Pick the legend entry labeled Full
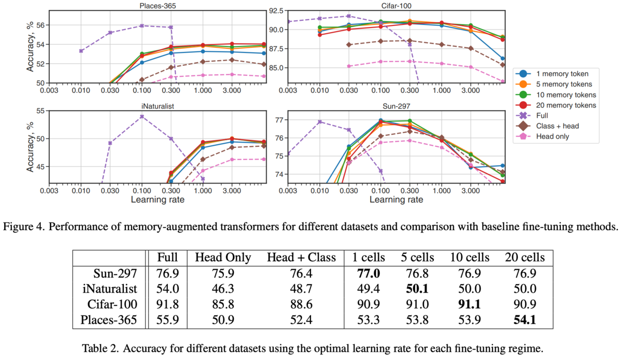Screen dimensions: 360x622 [x=546, y=116]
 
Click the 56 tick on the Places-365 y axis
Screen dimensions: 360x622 [x=40, y=25]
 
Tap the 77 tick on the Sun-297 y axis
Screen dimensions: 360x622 [x=277, y=120]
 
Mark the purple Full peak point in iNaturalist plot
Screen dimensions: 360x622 [x=141, y=116]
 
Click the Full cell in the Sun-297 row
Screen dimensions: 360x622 [x=168, y=272]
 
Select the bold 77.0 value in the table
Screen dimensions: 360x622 [x=366, y=272]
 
